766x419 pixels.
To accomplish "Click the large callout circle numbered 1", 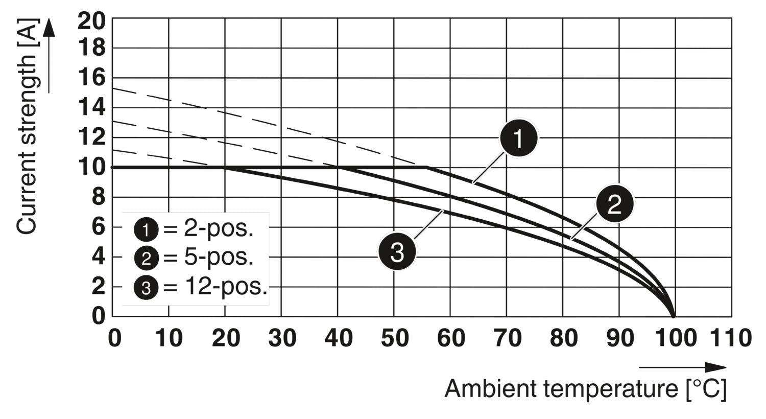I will pos(518,138).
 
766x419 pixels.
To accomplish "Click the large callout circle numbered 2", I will pos(614,203).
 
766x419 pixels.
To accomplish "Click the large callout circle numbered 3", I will pos(397,251).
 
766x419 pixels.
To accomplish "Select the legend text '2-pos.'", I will pos(219,229).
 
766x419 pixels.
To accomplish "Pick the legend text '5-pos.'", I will pos(219,258).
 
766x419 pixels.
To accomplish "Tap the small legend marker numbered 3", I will pos(146,288).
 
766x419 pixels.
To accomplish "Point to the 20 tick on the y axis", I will pos(92,20).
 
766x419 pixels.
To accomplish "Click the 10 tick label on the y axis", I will pos(92,167).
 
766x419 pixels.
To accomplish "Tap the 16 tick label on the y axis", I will pos(92,79).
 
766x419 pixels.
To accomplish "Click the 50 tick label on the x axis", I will pos(394,338).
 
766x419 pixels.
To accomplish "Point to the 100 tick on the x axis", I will pos(675,338).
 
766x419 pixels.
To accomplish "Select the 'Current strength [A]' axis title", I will pos(28,127).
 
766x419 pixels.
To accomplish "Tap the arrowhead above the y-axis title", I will pos(49,28).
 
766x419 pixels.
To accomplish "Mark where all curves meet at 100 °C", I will pos(674,316).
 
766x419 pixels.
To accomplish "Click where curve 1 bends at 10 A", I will pos(427,167).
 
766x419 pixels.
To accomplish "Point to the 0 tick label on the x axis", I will pos(114,338).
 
